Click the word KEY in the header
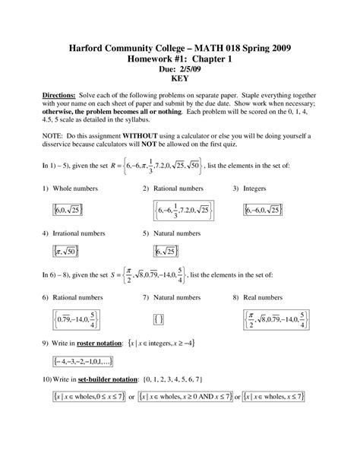click(179, 78)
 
